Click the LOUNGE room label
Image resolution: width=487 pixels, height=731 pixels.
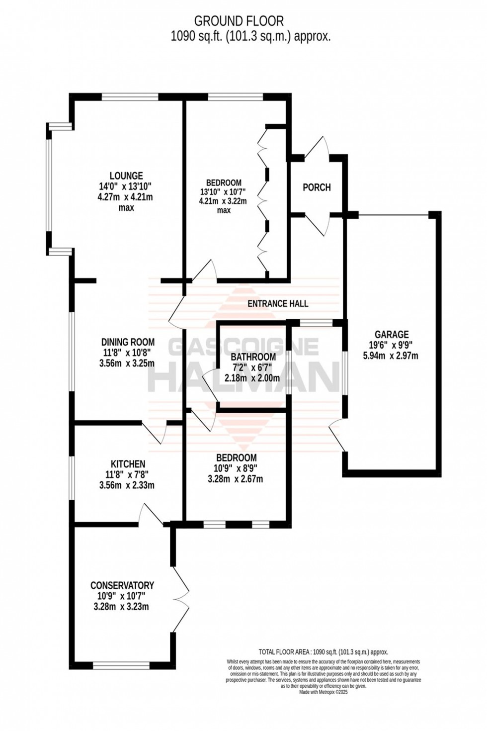coord(126,176)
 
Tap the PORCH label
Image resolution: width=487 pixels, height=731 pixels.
coord(317,187)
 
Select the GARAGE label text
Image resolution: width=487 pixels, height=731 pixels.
coord(392,335)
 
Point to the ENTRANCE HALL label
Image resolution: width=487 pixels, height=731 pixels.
coord(278,303)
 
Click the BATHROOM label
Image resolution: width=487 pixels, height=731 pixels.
coord(253,357)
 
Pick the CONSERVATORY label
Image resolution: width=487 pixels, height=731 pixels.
coord(122,585)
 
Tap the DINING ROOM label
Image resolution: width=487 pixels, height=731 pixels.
coord(128,342)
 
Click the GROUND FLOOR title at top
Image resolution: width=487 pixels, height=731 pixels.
coord(239,21)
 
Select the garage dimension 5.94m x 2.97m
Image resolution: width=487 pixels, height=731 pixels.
coord(392,356)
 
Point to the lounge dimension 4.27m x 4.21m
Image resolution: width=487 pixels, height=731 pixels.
coord(126,197)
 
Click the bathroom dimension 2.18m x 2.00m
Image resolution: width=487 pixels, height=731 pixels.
coord(252,378)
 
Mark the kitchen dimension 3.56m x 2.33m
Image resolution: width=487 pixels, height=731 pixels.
coord(127,485)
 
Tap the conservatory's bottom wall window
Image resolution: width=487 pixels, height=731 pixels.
coord(121,664)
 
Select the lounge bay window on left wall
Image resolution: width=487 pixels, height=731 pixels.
coord(49,189)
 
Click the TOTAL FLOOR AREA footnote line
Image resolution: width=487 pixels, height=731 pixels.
coord(323,652)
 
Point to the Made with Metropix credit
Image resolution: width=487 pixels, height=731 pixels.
coord(323,692)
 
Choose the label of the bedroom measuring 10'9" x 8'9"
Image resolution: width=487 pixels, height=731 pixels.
coord(236,458)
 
